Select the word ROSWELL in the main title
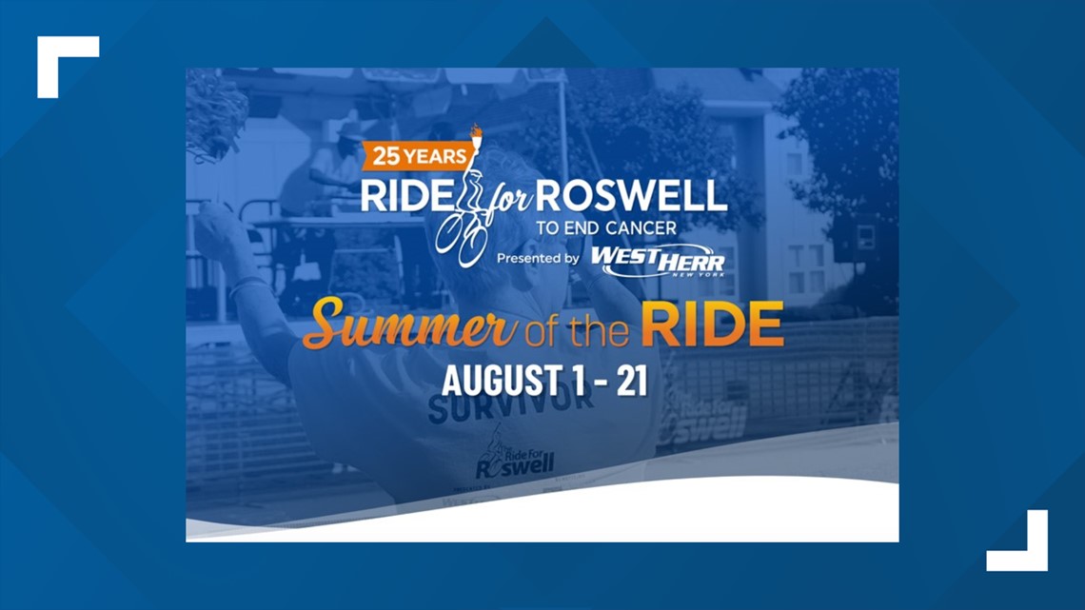click(630, 195)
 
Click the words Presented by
click(538, 258)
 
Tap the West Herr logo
click(656, 260)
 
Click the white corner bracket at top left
click(67, 66)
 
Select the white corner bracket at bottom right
click(1017, 541)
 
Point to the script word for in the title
click(505, 195)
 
